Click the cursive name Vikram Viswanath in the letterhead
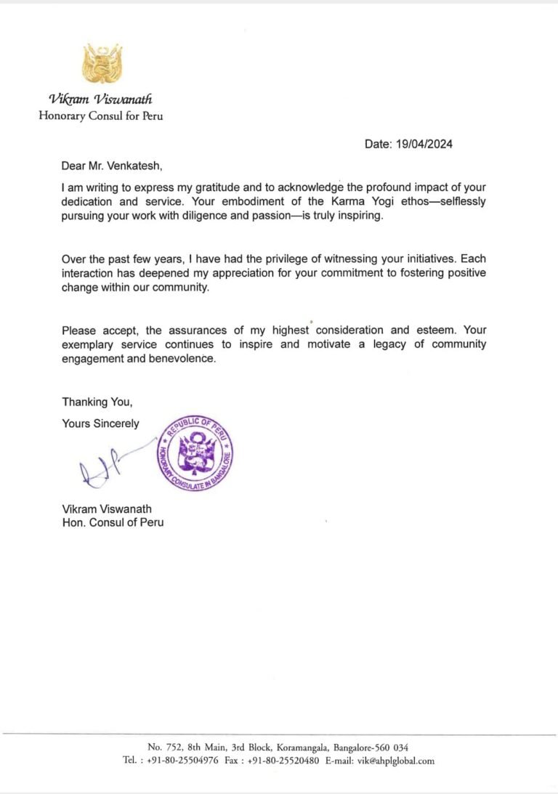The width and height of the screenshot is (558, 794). tap(101, 100)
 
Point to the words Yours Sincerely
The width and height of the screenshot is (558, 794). tap(100, 424)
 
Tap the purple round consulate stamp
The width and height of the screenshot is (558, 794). tap(194, 455)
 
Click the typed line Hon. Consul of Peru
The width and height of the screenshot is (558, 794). tap(113, 522)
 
